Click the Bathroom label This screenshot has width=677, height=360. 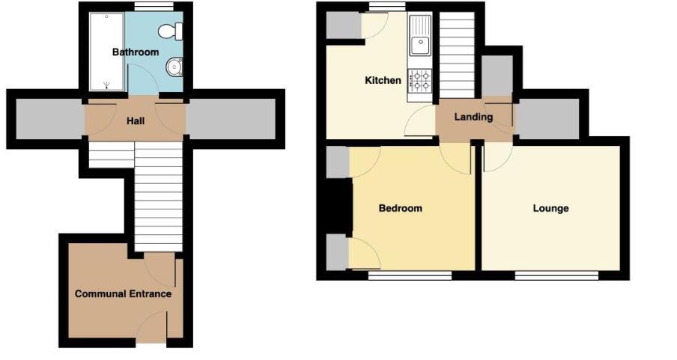[x=136, y=52]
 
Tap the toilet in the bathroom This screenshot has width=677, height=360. [x=171, y=31]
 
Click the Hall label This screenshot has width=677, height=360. [x=136, y=120]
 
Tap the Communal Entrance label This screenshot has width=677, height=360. [x=123, y=294]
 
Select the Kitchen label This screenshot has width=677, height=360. [x=383, y=80]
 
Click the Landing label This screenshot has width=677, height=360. [x=473, y=117]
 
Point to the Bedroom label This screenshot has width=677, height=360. [x=400, y=208]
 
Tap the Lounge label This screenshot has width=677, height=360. [x=550, y=208]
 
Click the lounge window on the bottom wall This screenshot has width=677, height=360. [x=556, y=275]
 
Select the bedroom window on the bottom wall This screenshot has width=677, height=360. [x=410, y=275]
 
